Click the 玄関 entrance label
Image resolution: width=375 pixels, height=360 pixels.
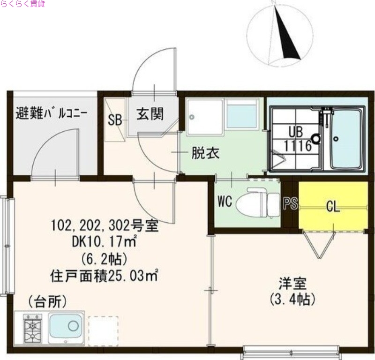tap(150, 113)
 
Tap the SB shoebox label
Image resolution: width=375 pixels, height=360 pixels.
tap(115, 120)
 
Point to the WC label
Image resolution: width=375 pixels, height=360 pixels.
tap(225, 202)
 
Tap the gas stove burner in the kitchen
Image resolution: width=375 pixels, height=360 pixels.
tap(32, 327)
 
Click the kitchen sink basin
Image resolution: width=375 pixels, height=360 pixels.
tap(66, 326)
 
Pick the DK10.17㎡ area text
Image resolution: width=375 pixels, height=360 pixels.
tap(104, 242)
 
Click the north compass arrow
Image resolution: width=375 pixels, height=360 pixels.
tap(286, 35)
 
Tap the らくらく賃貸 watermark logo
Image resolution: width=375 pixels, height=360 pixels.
tap(22, 5)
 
